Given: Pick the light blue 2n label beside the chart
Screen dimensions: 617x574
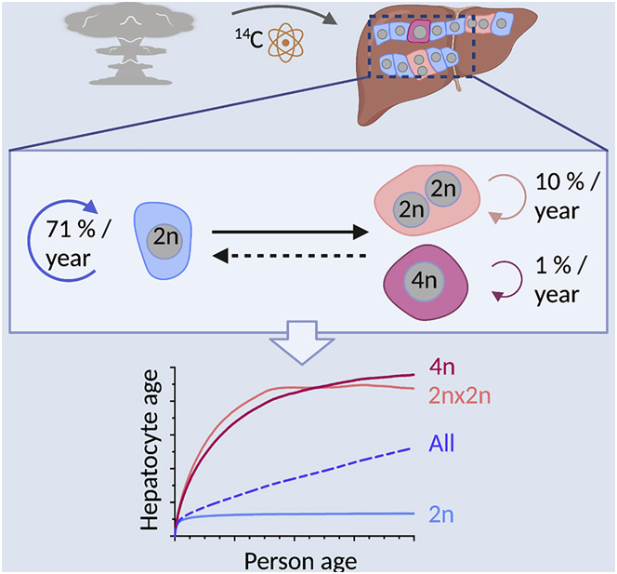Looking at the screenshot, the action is tap(443, 514).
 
